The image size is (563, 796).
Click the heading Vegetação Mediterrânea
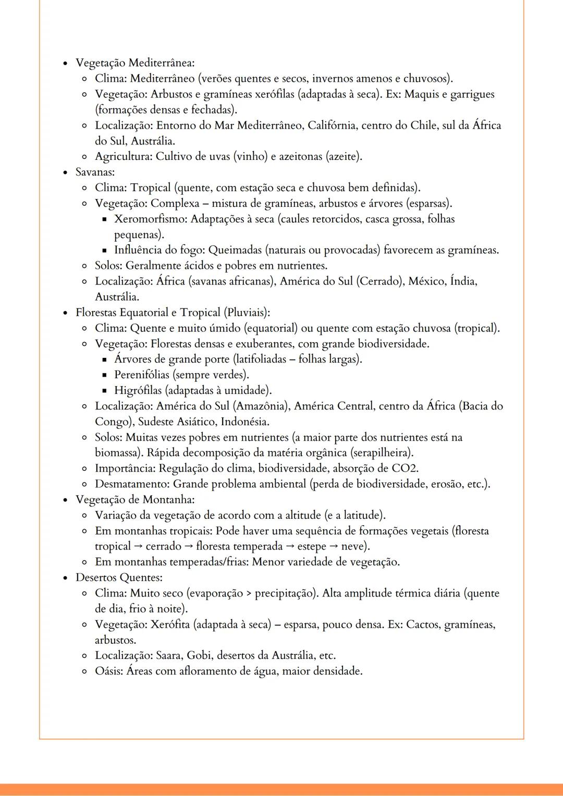tap(135, 63)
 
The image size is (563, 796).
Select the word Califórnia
tap(332, 126)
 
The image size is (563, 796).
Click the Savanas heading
tap(95, 172)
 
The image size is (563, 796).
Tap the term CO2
tap(405, 468)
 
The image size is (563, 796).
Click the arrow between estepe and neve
tap(332, 546)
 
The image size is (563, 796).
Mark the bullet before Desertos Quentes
tap(65, 578)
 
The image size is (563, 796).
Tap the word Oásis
tap(108, 671)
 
